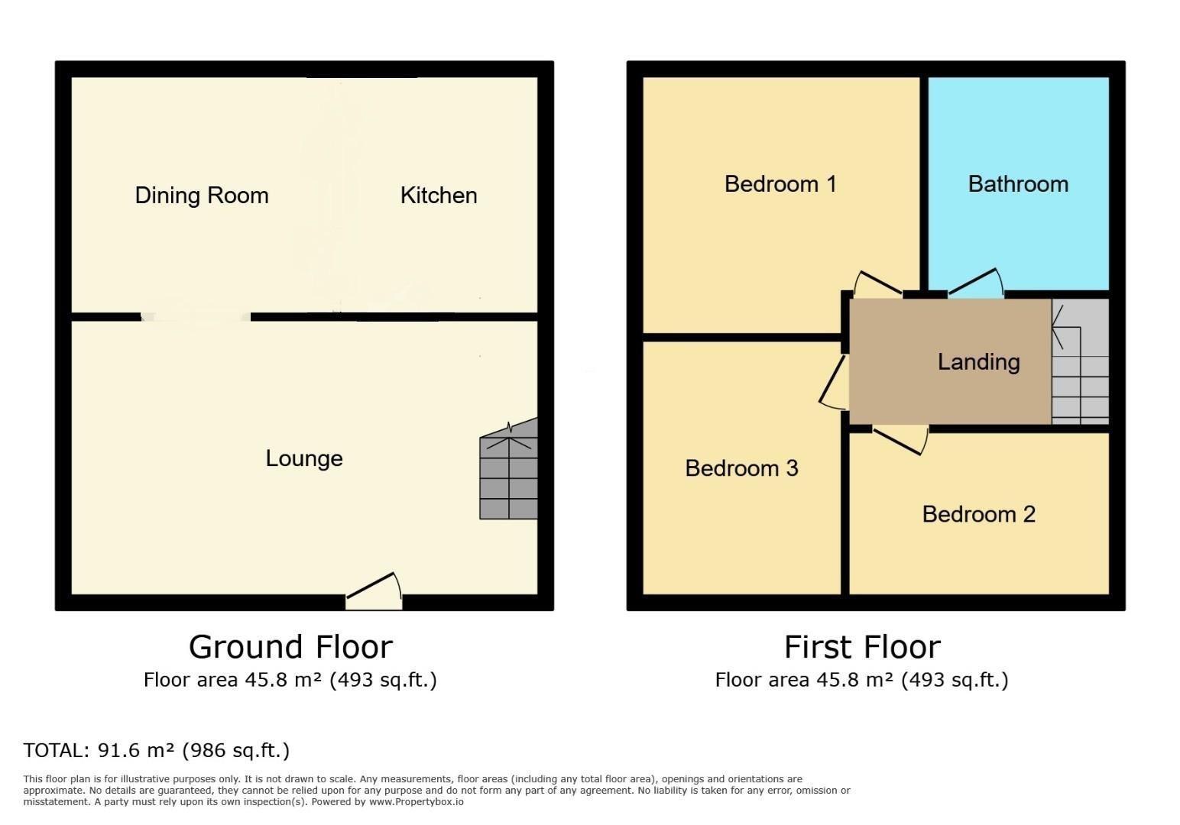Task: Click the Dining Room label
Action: tap(202, 196)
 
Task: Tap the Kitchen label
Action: tap(439, 196)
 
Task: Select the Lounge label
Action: tap(304, 458)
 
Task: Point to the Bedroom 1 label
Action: tap(780, 184)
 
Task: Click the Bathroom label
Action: tap(1018, 184)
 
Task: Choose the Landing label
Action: tap(978, 362)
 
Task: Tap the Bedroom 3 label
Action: tap(741, 468)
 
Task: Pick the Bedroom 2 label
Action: tap(978, 514)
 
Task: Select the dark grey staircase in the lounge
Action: tap(509, 470)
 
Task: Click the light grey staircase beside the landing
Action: tap(1080, 361)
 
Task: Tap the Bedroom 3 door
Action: tap(832, 383)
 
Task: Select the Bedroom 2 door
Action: tap(900, 440)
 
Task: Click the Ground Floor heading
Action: tap(290, 647)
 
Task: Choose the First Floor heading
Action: tap(862, 647)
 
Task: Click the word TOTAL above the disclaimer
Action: tap(56, 750)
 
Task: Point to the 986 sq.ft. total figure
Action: tap(236, 750)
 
